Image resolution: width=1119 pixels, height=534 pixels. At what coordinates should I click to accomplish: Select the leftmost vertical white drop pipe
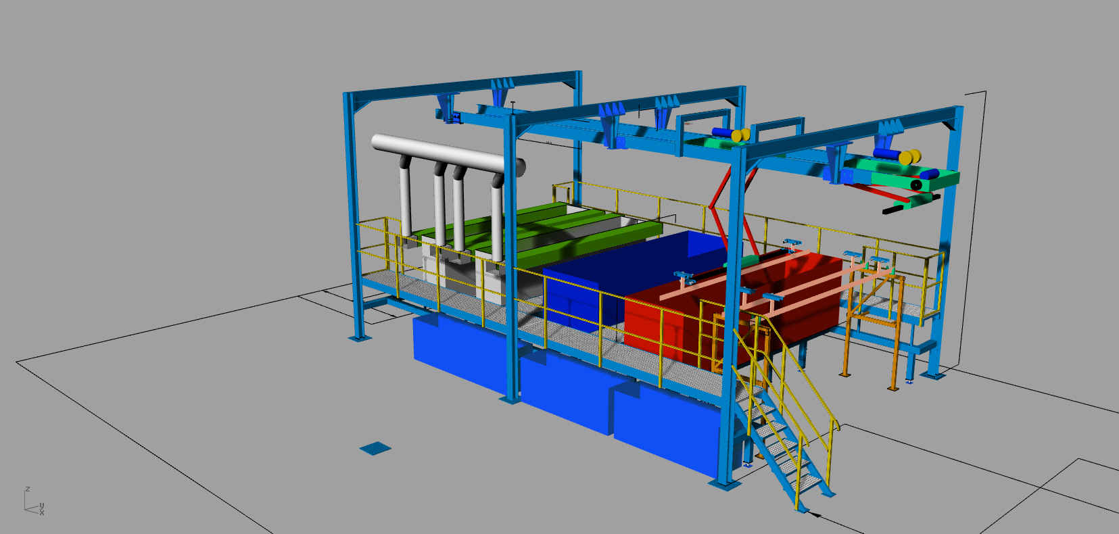[405, 197]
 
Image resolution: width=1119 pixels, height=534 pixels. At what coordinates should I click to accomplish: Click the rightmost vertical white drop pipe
[497, 217]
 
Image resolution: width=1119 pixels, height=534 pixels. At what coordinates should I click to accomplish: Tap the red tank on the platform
[734, 310]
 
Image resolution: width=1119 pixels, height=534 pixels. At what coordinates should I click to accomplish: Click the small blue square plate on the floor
[375, 448]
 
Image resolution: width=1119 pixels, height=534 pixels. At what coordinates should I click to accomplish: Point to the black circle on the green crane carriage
[916, 185]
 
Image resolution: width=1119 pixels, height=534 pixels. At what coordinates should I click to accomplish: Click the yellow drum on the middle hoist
[740, 135]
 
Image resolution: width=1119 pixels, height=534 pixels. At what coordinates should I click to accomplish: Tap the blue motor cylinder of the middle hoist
[722, 133]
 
